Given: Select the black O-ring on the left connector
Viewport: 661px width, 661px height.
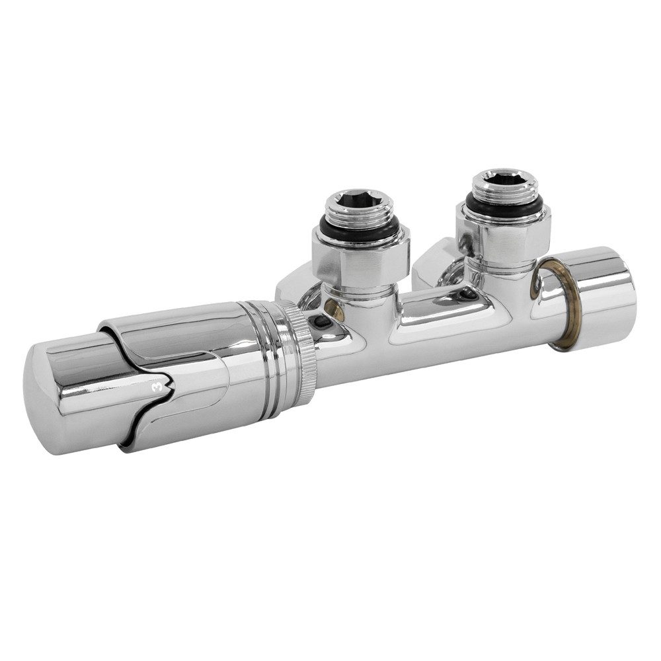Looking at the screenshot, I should (x=358, y=228).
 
